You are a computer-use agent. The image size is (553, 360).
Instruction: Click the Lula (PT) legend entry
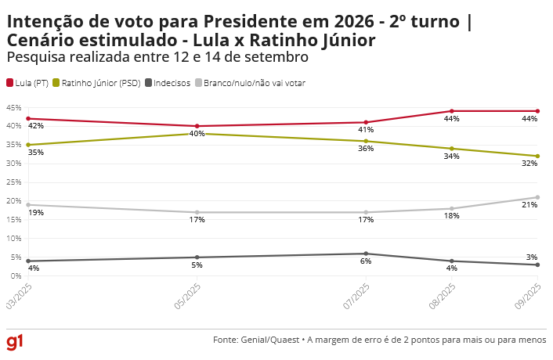[27, 82]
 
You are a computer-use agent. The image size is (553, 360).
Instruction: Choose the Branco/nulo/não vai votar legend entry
[249, 82]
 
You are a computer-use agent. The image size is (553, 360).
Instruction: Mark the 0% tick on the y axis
[15, 275]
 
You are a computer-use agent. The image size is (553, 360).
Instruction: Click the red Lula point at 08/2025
[451, 111]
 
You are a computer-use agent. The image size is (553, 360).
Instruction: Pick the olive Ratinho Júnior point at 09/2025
[537, 156]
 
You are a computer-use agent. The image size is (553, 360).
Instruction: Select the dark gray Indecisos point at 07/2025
[367, 254]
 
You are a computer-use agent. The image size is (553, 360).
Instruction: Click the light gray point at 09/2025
[537, 197]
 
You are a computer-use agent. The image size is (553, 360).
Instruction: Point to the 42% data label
[36, 126]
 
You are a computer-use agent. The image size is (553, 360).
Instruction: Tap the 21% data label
[530, 205]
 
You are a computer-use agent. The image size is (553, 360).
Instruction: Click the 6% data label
[366, 261]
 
